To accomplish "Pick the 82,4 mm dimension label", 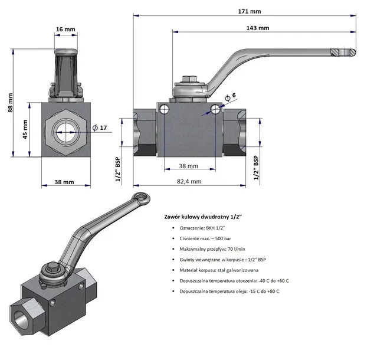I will tap(189, 181).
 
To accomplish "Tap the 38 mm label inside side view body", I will tap(188, 166).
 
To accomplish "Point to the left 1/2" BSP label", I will tap(118, 170).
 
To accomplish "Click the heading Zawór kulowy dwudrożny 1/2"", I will tap(204, 217).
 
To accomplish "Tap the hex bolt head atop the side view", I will tap(191, 79).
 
